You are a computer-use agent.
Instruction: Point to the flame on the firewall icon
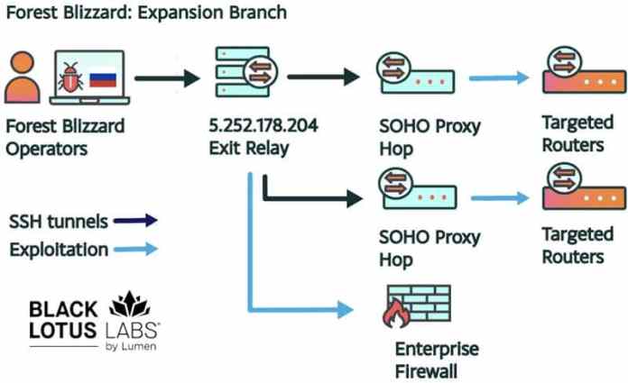click(394, 315)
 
